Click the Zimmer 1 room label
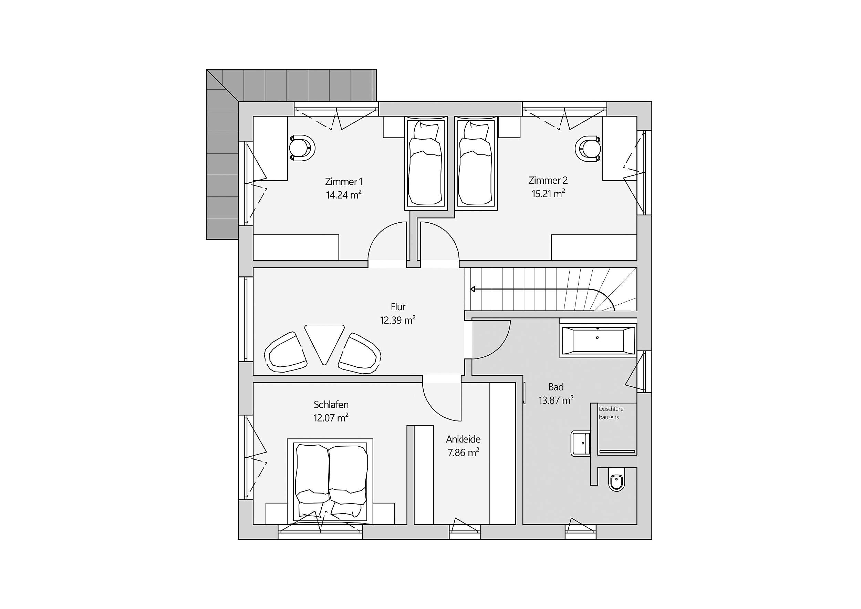pyautogui.click(x=343, y=182)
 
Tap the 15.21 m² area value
pyautogui.click(x=548, y=193)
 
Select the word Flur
pyautogui.click(x=398, y=307)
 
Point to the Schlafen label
pyautogui.click(x=331, y=405)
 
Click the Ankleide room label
pyautogui.click(x=463, y=439)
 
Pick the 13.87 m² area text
pyautogui.click(x=556, y=400)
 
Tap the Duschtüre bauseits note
pyautogui.click(x=611, y=413)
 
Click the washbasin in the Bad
pyautogui.click(x=580, y=444)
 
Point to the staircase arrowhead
pyautogui.click(x=473, y=289)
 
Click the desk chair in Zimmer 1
pyautogui.click(x=302, y=148)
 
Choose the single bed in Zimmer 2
pyautogui.click(x=476, y=163)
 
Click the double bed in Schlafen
pyautogui.click(x=330, y=481)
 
